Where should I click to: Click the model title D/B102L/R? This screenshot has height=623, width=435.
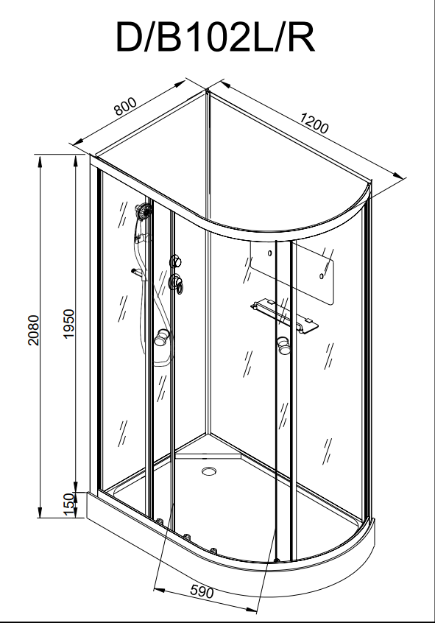point(216,37)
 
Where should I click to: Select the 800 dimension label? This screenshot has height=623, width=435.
point(126,106)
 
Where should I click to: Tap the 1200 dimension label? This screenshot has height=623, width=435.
point(314,123)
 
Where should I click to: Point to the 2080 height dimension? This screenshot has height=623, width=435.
point(33,330)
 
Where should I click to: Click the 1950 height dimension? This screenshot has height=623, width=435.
point(68,324)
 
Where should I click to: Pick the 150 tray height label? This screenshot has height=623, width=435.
point(68,504)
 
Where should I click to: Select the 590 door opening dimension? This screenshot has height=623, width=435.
point(202,591)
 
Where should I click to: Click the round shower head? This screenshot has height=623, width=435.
point(144,210)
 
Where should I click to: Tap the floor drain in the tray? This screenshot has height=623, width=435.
point(209,471)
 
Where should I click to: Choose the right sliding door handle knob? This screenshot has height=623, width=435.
point(283,345)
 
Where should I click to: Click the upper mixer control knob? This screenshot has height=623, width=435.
point(176,262)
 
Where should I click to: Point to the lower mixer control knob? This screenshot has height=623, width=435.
point(175,284)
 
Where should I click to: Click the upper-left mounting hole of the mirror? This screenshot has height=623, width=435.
point(269,253)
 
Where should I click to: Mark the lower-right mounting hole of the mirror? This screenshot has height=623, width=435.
point(322,275)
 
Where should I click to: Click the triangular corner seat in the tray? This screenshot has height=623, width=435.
point(208,450)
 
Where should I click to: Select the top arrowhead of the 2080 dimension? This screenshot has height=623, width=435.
point(40,161)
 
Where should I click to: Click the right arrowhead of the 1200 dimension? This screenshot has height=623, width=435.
point(398,176)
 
